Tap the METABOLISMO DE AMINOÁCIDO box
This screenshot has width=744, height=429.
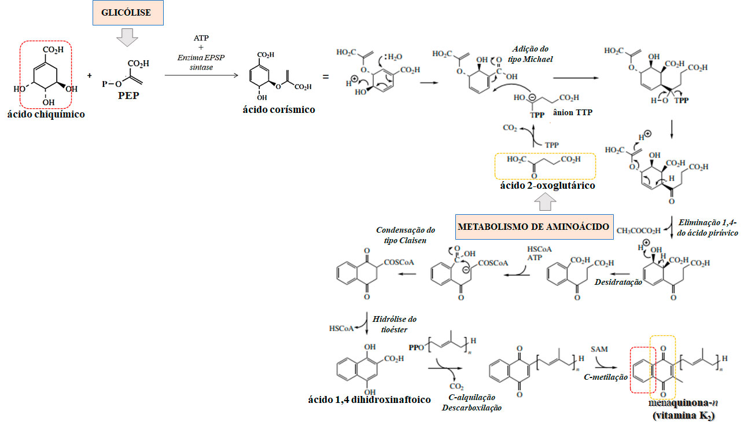tap(534, 226)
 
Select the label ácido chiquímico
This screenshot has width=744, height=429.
tap(46, 115)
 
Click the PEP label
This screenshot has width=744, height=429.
tap(128, 96)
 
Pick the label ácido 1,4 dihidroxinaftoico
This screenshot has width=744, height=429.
tap(370, 399)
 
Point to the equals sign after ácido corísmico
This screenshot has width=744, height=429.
tap(326, 76)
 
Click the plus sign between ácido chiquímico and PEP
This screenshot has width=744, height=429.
tap(90, 75)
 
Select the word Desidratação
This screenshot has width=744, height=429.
tap(618, 282)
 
